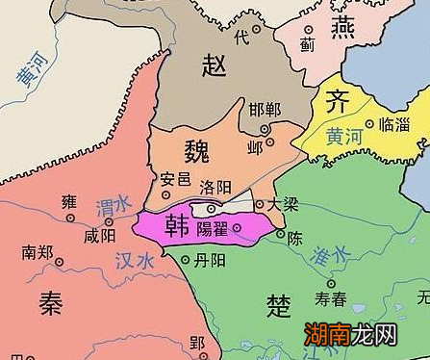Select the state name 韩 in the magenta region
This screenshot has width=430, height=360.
[x=176, y=224]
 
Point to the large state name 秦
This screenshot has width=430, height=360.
[x=50, y=301]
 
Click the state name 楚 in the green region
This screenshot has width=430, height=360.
[x=279, y=307]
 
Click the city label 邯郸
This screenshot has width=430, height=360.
[x=265, y=109]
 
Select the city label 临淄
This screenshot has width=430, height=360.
[x=394, y=125]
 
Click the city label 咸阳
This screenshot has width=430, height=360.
[x=100, y=234]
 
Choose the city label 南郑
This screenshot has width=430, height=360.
[x=38, y=253]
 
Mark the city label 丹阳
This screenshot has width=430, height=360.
[x=209, y=261]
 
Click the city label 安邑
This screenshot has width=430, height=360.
[x=175, y=178]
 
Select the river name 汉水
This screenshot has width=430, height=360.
[x=134, y=261]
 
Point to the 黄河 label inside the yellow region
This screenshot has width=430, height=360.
[x=341, y=136]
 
